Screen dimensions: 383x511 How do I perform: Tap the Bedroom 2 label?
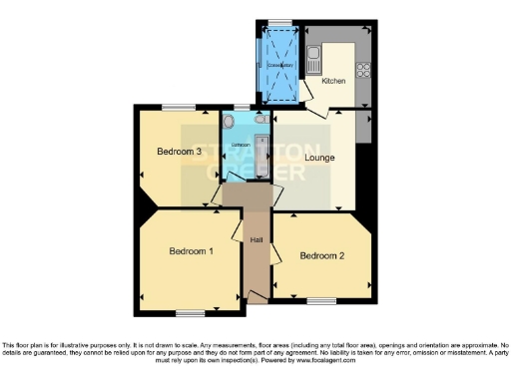[322, 256]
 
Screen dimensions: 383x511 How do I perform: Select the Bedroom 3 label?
[180, 152]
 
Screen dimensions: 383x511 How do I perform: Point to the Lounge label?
[319, 158]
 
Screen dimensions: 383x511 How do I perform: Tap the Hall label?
[256, 239]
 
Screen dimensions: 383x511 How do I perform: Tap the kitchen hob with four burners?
[364, 70]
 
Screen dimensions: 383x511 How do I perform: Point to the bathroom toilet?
[230, 122]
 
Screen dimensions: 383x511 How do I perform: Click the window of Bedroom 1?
[191, 312]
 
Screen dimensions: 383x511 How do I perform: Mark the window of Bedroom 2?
[321, 300]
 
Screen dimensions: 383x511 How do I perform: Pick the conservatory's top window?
[279, 23]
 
